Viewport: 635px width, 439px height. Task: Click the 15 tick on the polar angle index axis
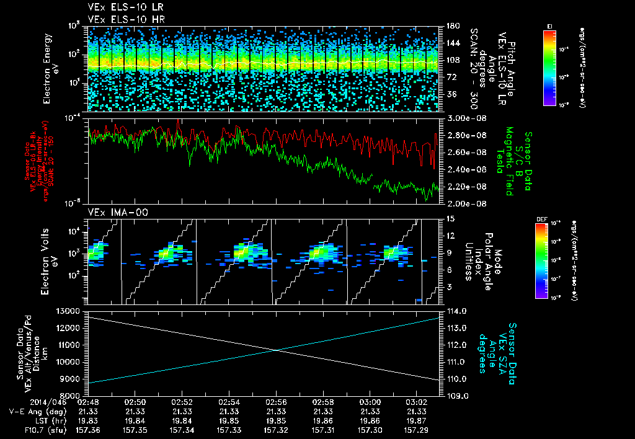(x=449, y=219)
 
